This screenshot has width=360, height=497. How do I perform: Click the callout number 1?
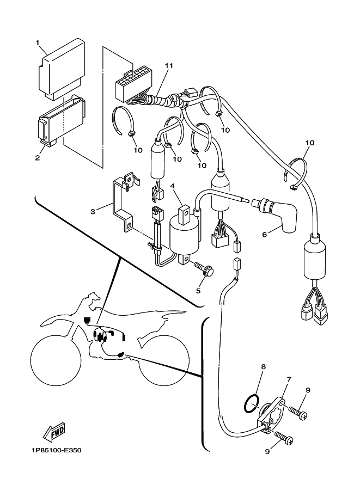pyautogui.click(x=38, y=42)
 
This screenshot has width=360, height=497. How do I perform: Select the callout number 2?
pyautogui.click(x=38, y=158)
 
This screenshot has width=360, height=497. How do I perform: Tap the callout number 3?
pyautogui.click(x=93, y=211)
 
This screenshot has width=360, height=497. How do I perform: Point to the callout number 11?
pyautogui.click(x=169, y=66)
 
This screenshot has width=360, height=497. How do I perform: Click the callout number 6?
pyautogui.click(x=265, y=235)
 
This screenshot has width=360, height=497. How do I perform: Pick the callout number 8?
pyautogui.click(x=263, y=367)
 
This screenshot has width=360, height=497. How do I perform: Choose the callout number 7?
pyautogui.click(x=289, y=379)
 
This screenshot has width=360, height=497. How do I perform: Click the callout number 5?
pyautogui.click(x=198, y=290)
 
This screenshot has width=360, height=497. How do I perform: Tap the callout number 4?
pyautogui.click(x=172, y=186)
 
